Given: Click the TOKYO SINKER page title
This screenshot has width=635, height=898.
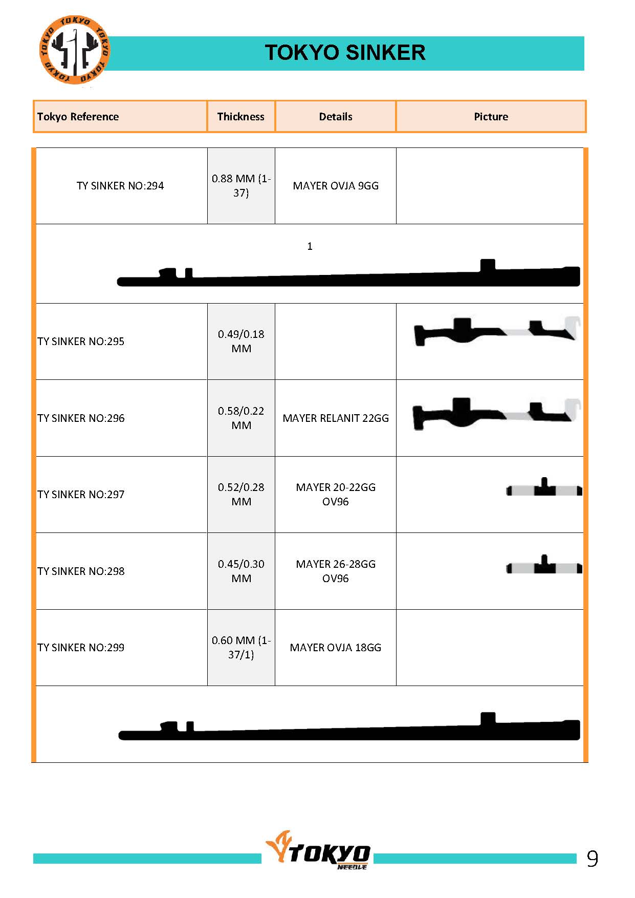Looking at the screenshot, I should [x=345, y=53].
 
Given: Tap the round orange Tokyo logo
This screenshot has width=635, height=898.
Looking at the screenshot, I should [x=75, y=50].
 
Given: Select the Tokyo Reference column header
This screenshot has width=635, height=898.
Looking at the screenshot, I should [x=78, y=117].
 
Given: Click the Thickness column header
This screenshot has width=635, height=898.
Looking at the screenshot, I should [x=240, y=117].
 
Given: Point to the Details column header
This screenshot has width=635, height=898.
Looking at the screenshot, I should [x=336, y=117].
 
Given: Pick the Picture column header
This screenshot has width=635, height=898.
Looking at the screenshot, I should [x=491, y=117].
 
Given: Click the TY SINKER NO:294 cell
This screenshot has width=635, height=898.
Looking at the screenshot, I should [x=120, y=186].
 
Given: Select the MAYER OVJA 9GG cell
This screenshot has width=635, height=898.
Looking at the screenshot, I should [x=336, y=186].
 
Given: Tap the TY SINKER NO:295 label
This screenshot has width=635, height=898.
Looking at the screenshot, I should [x=81, y=341].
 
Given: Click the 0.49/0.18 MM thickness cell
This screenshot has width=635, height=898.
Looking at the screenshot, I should [x=241, y=341].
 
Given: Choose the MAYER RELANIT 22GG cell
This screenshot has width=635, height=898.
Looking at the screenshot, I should [x=336, y=418].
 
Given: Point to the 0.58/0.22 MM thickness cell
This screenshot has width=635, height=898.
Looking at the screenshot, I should [x=241, y=418].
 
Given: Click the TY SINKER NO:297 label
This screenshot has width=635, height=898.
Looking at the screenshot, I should [x=81, y=495].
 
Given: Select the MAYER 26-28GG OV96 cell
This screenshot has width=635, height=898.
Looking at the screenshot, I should [x=336, y=571].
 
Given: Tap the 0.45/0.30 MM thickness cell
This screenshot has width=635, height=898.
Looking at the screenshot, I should [x=241, y=571].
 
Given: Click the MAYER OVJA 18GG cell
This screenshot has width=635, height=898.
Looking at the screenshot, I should [x=336, y=648].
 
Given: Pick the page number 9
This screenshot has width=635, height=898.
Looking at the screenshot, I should [x=592, y=859].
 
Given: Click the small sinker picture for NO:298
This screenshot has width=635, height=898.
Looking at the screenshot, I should [x=544, y=566].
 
